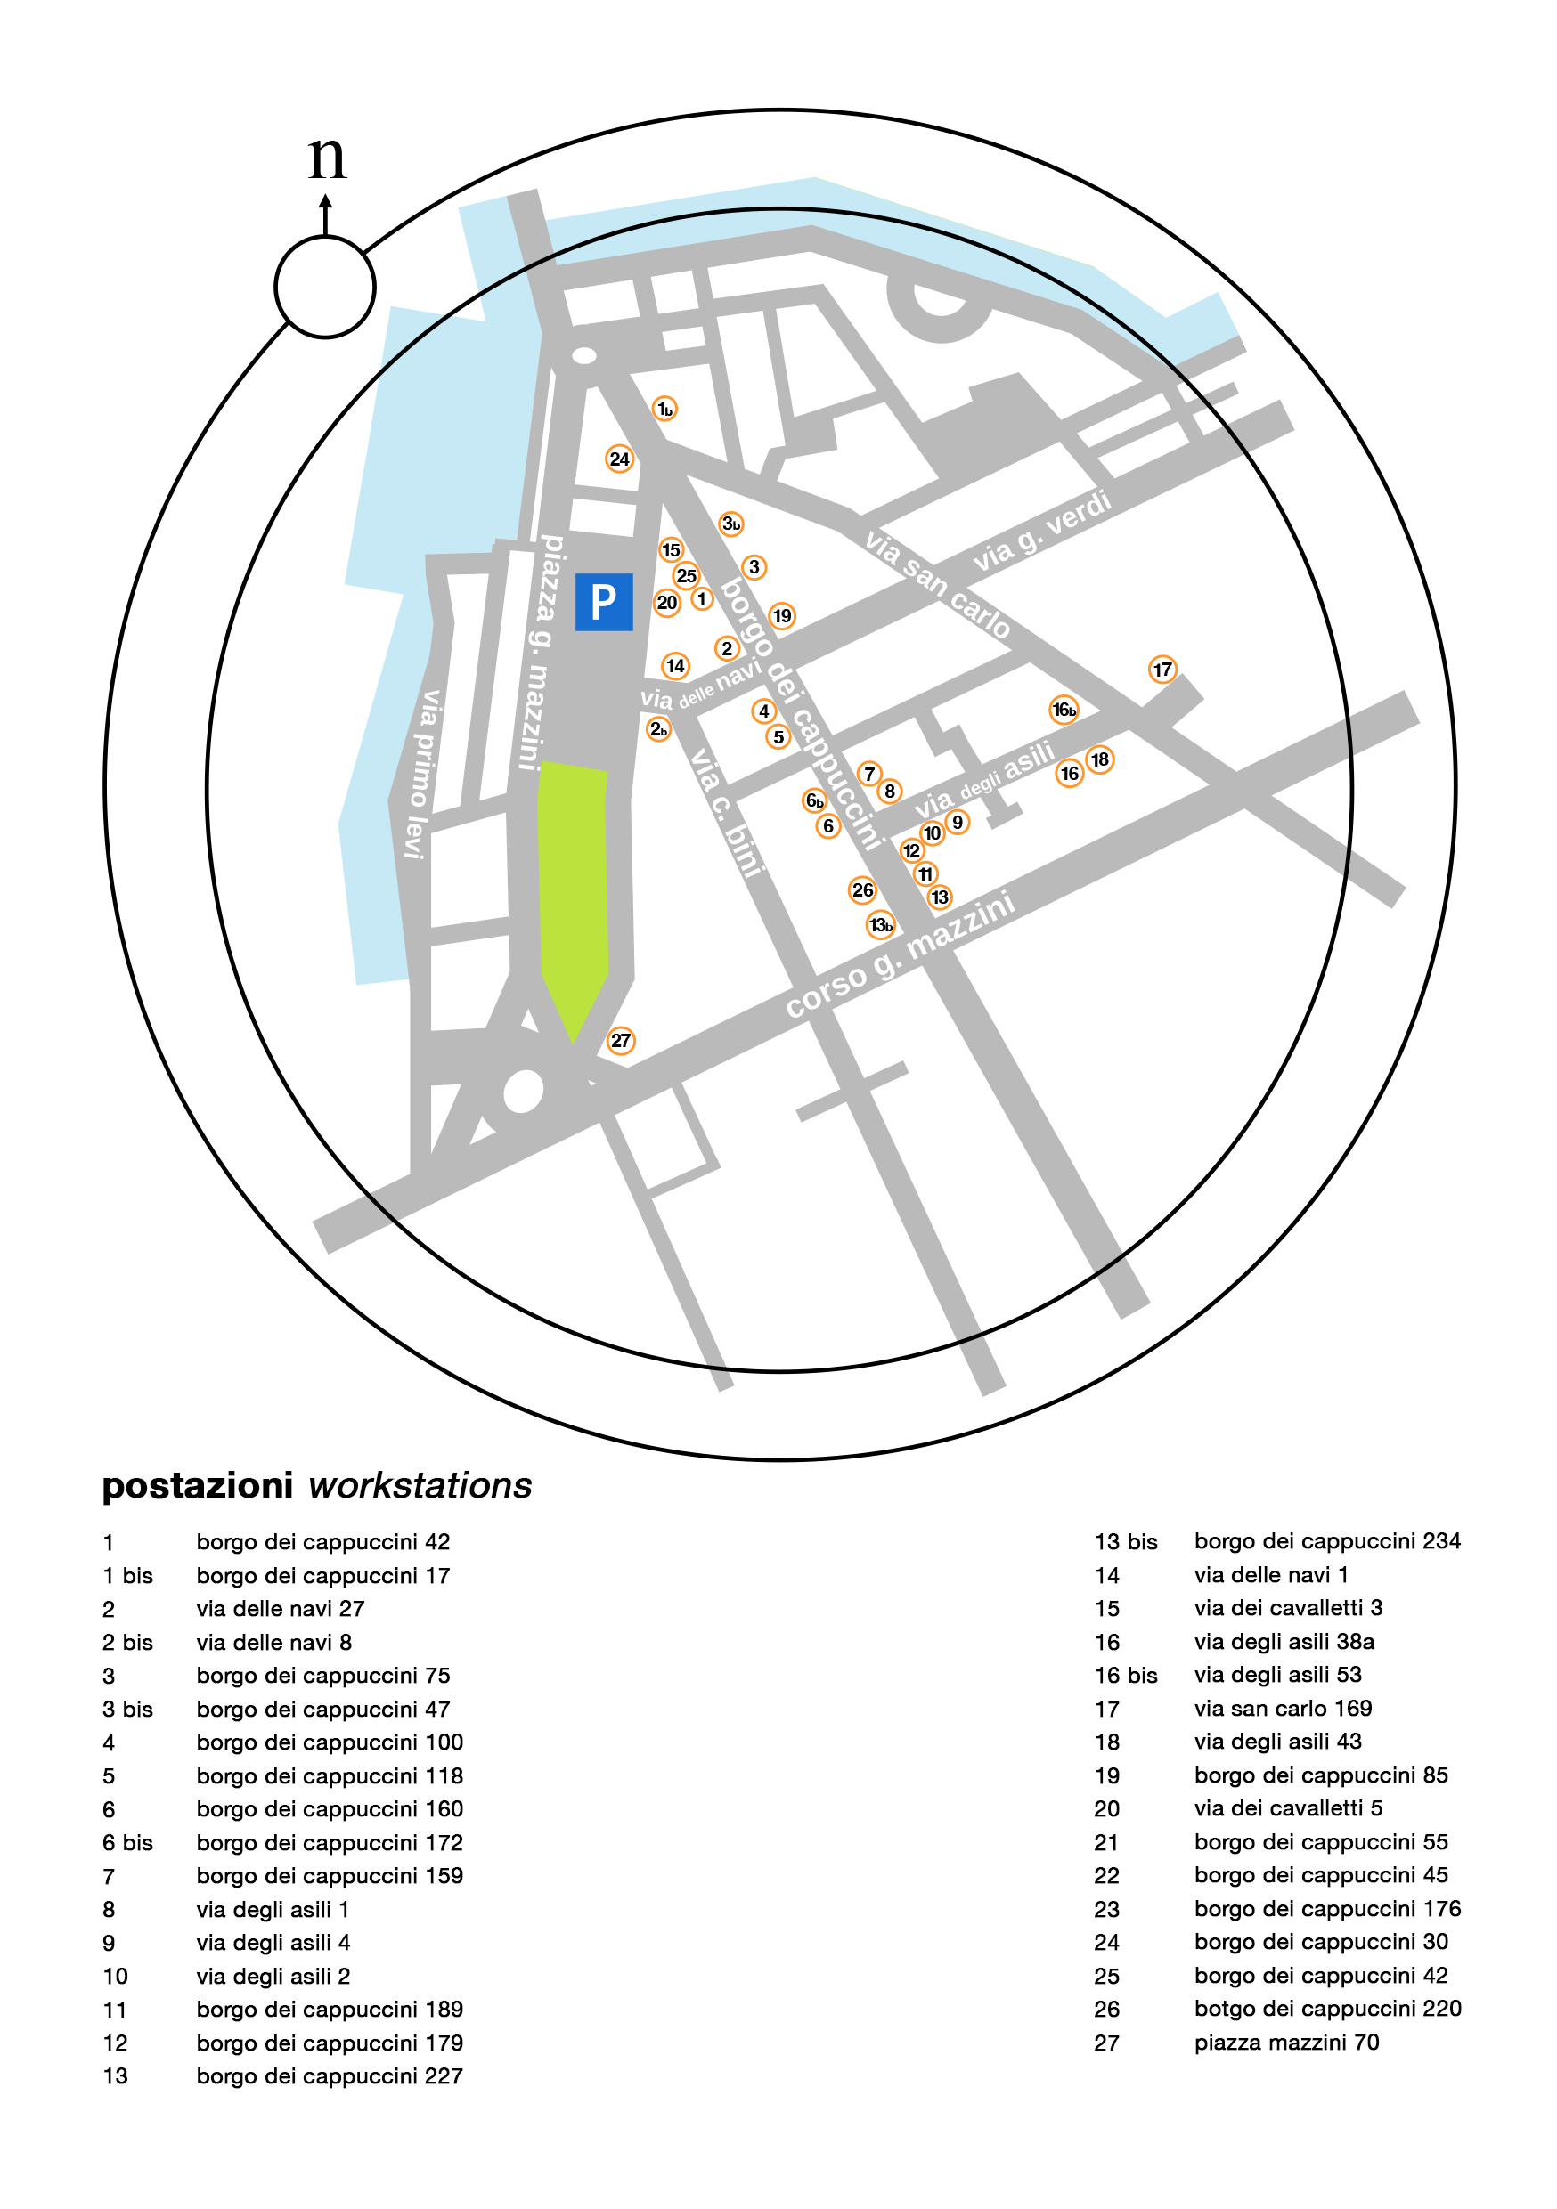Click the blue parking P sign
tap(603, 601)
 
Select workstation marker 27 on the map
tap(621, 1040)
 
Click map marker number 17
tap(1162, 669)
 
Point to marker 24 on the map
tap(619, 459)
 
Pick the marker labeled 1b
tap(664, 409)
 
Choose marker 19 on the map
tap(781, 616)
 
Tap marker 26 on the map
tap(862, 890)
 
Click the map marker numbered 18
tap(1099, 760)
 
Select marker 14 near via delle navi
tap(675, 666)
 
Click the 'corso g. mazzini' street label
tap(900, 954)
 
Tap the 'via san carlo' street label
tap(937, 585)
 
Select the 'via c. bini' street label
tap(728, 811)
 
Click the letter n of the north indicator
tap(327, 157)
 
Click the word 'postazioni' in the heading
tap(197, 1486)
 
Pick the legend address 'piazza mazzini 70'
tap(1286, 2042)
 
